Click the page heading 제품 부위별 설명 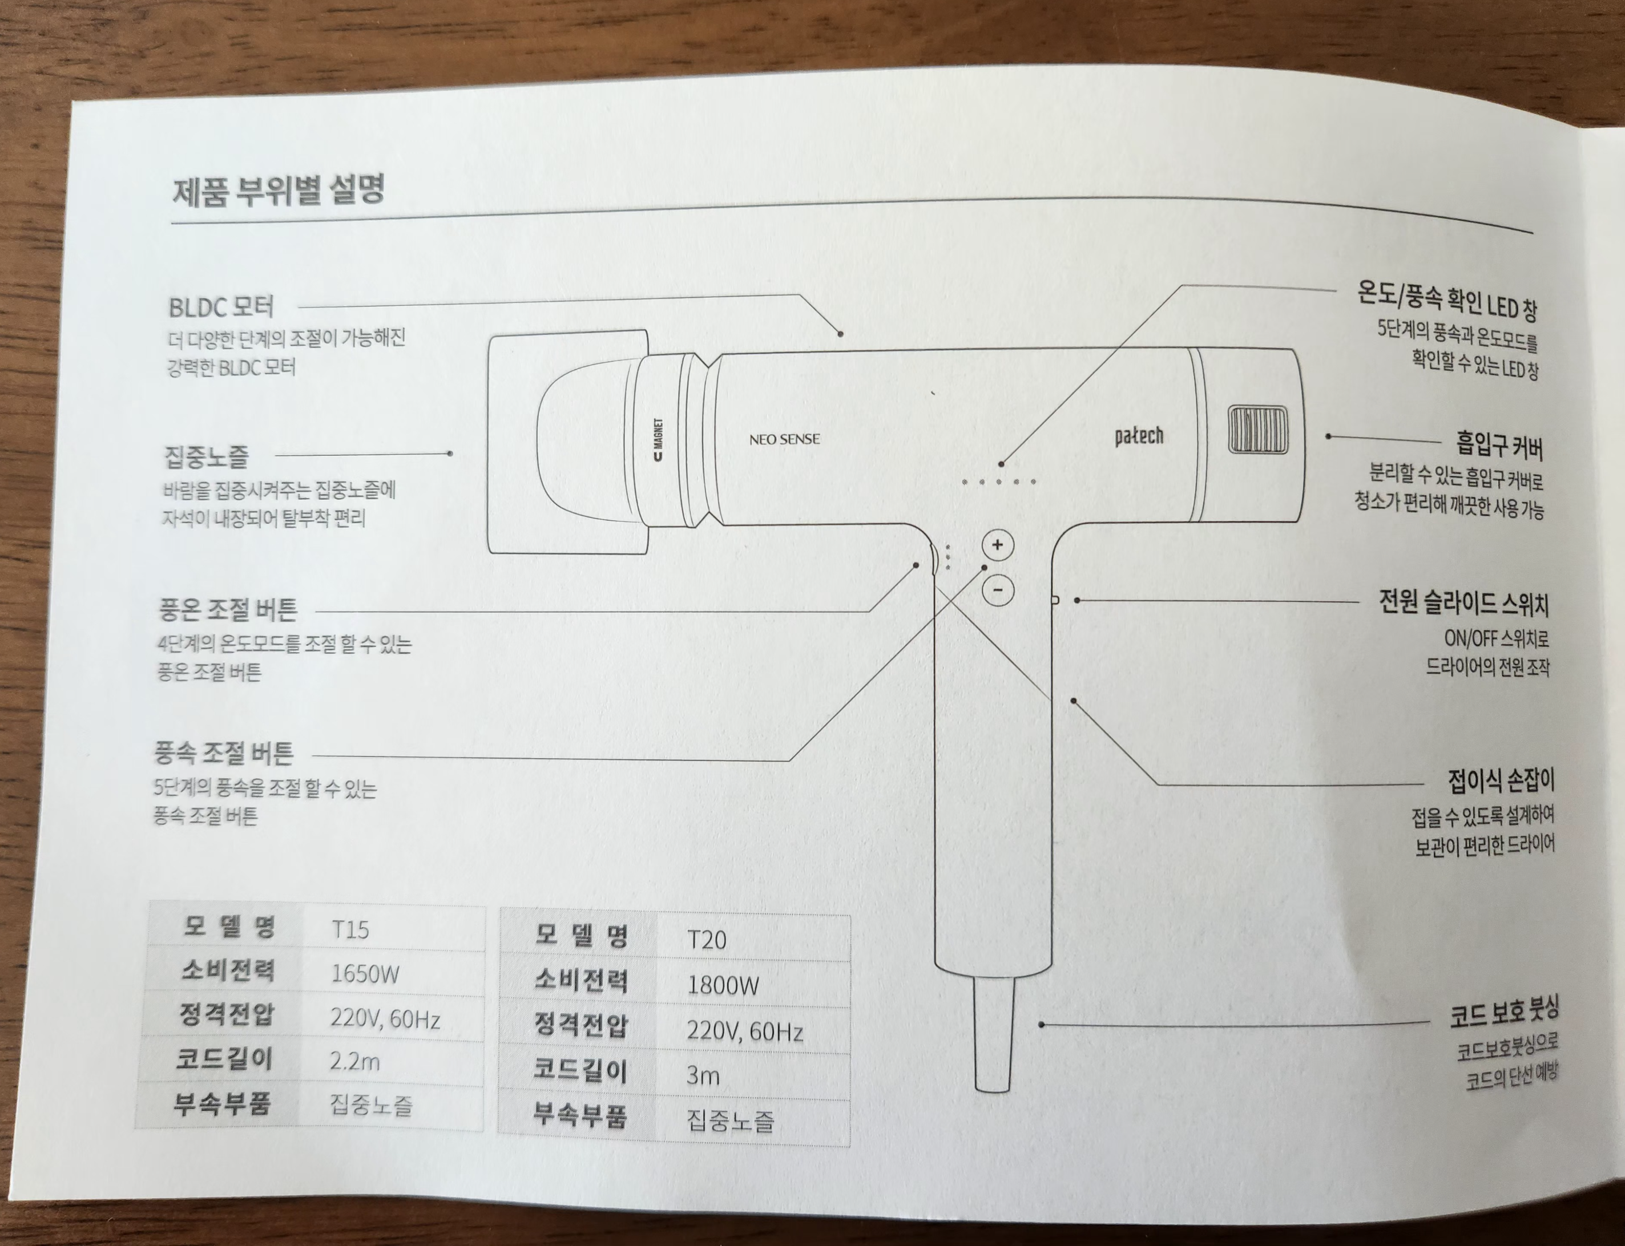coord(279,190)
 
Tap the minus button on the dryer coord(998,590)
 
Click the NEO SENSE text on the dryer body coord(784,439)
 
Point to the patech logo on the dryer coord(1139,436)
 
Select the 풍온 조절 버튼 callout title coord(228,609)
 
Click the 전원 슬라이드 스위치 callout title coord(1463,604)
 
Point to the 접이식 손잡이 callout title coord(1501,780)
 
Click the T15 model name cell coord(350,930)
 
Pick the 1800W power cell coord(723,985)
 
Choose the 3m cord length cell coord(703,1075)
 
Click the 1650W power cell coord(365,974)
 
